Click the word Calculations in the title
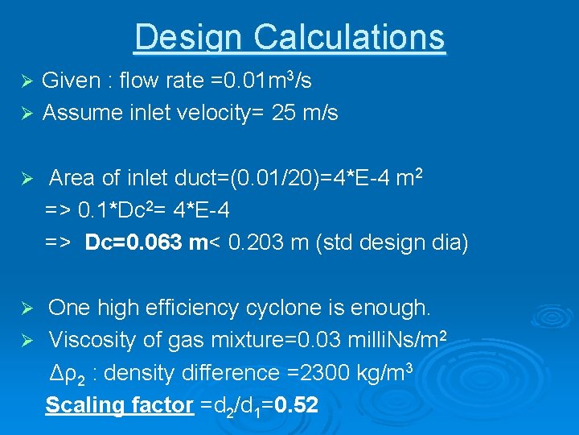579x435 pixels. pos(349,38)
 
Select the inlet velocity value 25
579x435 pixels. pos(283,114)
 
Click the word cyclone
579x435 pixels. pos(284,308)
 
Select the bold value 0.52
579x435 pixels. pos(296,405)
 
